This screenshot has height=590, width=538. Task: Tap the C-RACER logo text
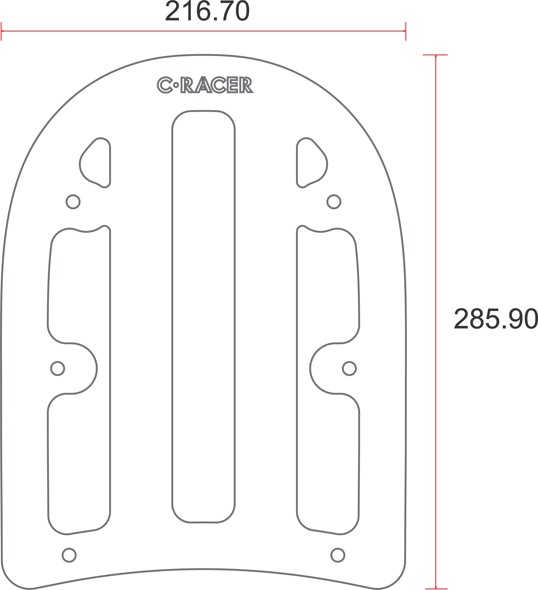pyautogui.click(x=205, y=85)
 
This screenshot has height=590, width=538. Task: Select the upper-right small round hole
pyautogui.click(x=334, y=202)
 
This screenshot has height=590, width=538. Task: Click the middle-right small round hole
pyautogui.click(x=349, y=368)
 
